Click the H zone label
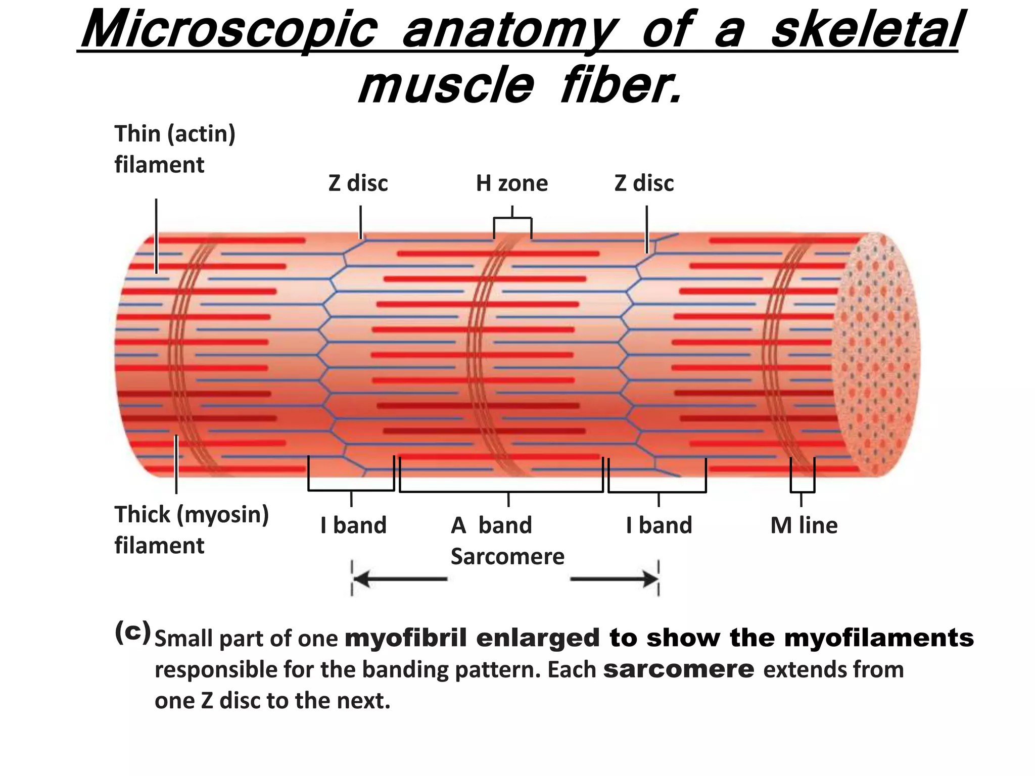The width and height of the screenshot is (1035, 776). coord(511,183)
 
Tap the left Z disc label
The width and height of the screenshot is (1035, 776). coord(358,183)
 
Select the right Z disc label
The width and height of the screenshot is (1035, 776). coord(644,183)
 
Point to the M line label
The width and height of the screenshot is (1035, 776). coord(804,525)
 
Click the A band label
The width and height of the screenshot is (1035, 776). coord(491,525)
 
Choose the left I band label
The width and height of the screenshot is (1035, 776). coord(353,525)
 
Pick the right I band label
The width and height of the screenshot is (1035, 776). coord(658,525)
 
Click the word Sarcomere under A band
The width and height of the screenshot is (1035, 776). coord(507,557)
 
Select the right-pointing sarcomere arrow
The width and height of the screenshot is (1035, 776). coord(614,579)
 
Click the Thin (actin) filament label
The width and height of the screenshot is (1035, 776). coord(174,149)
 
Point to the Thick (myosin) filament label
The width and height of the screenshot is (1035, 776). coord(191,529)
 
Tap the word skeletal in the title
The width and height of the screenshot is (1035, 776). coord(865,30)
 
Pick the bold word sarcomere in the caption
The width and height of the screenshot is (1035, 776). coord(679,669)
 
